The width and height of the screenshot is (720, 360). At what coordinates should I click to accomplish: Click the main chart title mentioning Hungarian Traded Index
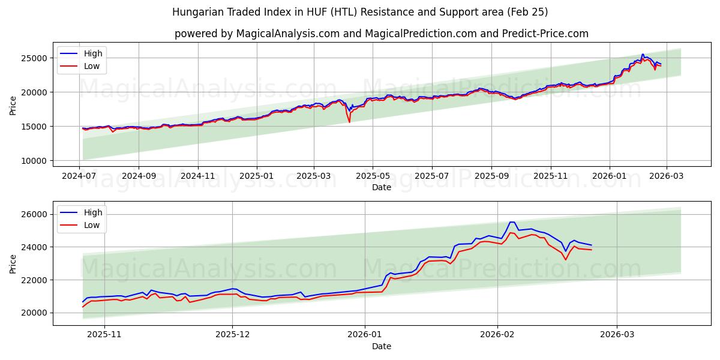[x=359, y=12]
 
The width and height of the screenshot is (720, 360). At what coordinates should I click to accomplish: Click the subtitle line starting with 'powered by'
[x=381, y=34]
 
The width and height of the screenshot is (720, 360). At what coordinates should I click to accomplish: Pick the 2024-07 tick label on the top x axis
[x=80, y=176]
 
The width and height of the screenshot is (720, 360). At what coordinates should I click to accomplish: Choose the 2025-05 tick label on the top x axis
[x=373, y=176]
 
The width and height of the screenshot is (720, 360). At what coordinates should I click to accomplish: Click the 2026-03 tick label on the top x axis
[x=667, y=176]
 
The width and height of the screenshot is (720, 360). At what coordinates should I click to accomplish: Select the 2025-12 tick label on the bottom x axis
[x=232, y=335]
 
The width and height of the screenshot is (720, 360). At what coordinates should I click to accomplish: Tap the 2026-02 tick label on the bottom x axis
[x=498, y=335]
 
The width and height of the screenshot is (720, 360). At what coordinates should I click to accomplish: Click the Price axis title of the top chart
[x=13, y=105]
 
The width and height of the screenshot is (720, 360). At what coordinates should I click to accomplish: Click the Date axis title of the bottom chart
[x=381, y=346]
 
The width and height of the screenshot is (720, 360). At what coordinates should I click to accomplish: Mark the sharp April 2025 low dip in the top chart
[x=349, y=122]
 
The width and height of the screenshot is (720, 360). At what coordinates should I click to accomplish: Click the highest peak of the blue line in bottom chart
[x=511, y=222]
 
